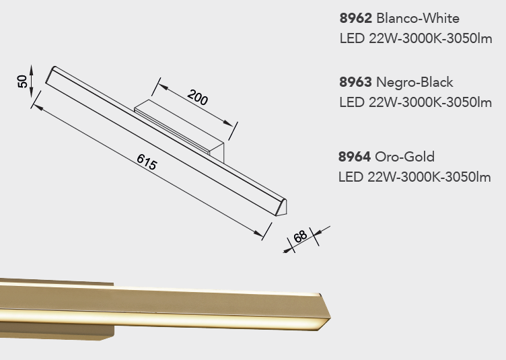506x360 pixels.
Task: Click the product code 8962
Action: [356, 18]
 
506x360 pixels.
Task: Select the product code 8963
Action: [355, 82]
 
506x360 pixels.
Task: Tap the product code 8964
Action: [355, 157]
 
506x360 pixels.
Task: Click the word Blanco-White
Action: [418, 18]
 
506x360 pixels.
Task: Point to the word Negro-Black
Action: [414, 82]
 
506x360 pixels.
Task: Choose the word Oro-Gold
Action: [404, 157]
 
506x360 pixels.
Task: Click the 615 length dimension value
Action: [147, 162]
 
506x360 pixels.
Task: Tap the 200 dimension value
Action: [198, 98]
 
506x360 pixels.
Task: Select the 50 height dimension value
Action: [22, 81]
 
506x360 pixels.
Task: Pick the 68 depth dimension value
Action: [300, 236]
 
